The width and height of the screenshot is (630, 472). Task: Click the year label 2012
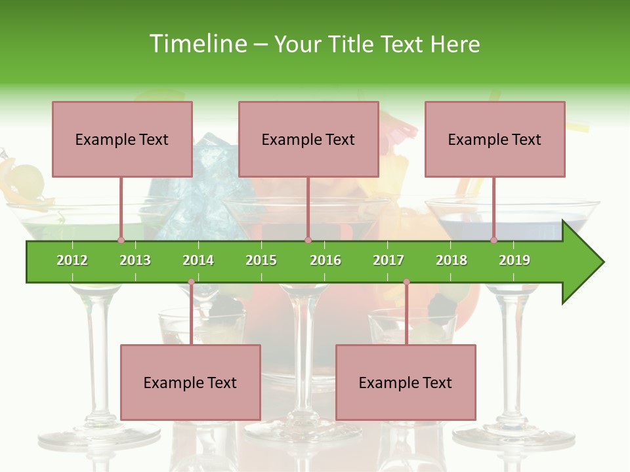[72, 260]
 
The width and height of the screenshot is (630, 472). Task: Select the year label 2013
[135, 260]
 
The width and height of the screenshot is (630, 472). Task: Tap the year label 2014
[198, 260]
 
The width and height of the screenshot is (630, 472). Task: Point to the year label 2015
[261, 260]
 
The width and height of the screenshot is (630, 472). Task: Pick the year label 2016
[325, 260]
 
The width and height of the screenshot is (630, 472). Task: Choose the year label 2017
[388, 260]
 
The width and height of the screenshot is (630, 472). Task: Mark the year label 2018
[451, 260]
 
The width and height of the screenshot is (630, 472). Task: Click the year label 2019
[514, 260]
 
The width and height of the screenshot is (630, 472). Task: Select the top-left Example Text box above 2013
[122, 139]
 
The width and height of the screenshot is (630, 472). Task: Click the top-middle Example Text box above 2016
[308, 139]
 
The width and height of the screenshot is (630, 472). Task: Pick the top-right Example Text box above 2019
[495, 139]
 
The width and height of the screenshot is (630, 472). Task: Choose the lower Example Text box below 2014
[190, 382]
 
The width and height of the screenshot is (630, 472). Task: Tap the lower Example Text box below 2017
[406, 382]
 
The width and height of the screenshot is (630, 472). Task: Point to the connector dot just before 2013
[121, 240]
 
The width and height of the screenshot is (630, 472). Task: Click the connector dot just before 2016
[308, 240]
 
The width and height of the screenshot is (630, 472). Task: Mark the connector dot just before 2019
[493, 240]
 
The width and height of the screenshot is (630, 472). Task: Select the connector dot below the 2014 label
[191, 282]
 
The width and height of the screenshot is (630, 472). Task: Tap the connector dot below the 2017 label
[406, 282]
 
